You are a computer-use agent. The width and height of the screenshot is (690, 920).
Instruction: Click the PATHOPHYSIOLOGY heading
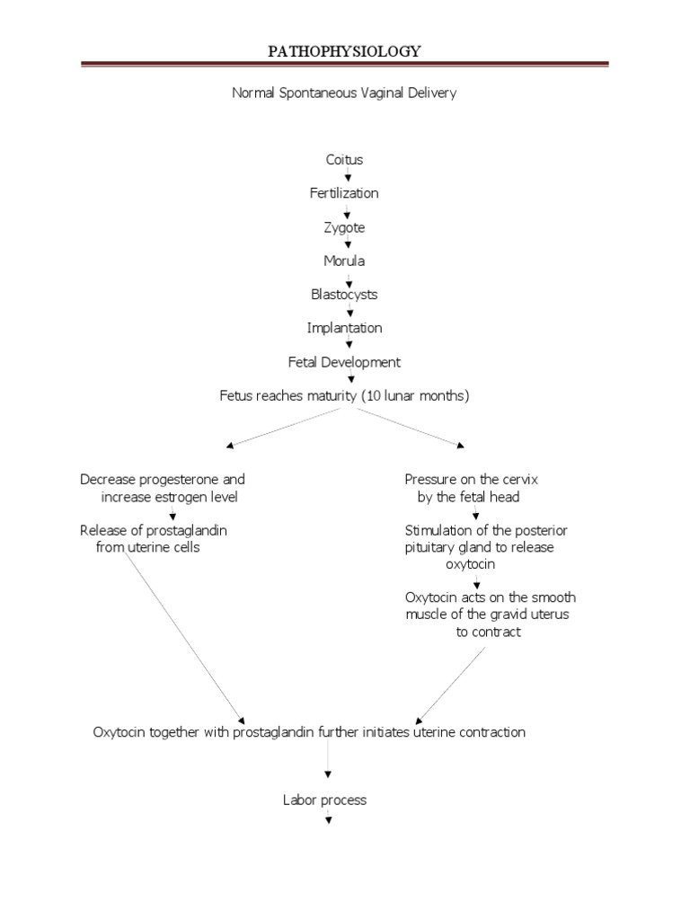pyautogui.click(x=345, y=51)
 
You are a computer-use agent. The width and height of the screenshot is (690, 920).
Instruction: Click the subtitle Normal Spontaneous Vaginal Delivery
pyautogui.click(x=345, y=93)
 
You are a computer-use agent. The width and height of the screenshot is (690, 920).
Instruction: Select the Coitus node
pyautogui.click(x=345, y=160)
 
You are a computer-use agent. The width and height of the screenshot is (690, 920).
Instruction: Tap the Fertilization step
pyautogui.click(x=345, y=193)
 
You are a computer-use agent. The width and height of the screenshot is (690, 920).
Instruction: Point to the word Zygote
pyautogui.click(x=345, y=227)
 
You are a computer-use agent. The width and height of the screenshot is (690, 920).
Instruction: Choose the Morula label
pyautogui.click(x=345, y=261)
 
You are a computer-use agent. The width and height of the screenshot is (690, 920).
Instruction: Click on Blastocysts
pyautogui.click(x=345, y=295)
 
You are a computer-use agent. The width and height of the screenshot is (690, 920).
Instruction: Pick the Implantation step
pyautogui.click(x=345, y=328)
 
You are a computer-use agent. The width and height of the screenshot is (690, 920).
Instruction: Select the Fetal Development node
pyautogui.click(x=345, y=362)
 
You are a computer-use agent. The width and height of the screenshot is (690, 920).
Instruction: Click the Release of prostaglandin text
pyautogui.click(x=154, y=530)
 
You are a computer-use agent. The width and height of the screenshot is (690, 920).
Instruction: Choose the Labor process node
pyautogui.click(x=325, y=800)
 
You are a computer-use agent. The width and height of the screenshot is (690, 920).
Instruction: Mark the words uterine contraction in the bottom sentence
pyautogui.click(x=469, y=732)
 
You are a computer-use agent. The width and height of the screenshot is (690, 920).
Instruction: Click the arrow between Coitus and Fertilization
pyautogui.click(x=346, y=177)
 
